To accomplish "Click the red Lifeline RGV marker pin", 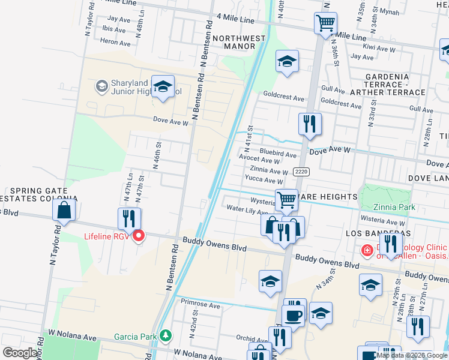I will click(x=139, y=236).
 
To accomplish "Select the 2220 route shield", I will click(x=301, y=172).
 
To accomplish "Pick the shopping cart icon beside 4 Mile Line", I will click(x=325, y=24).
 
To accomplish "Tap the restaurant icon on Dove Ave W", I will click(x=310, y=124).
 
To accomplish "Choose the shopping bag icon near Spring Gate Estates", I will click(x=64, y=211).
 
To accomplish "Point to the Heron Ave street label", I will click(x=115, y=43).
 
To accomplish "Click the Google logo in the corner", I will click(x=20, y=353).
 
